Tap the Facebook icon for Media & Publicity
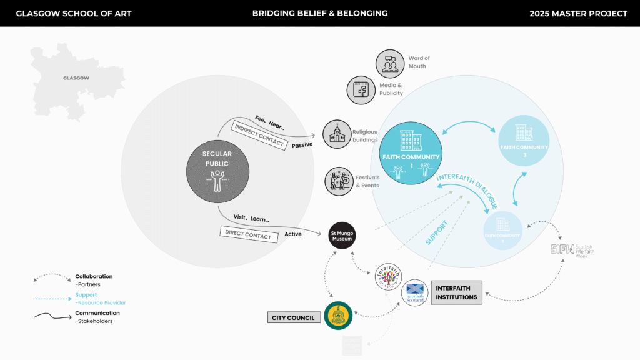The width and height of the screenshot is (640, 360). (361, 89)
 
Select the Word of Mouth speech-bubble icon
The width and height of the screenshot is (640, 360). (390, 63)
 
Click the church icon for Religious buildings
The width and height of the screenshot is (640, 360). (337, 134)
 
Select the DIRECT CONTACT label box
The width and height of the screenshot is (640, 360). (249, 234)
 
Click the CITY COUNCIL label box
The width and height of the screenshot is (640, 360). (293, 317)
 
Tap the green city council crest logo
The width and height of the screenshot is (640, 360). (338, 315)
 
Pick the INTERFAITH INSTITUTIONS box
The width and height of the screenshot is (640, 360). (457, 292)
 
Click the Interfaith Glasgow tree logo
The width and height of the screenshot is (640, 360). (389, 276)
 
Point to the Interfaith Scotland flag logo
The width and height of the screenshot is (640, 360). (414, 292)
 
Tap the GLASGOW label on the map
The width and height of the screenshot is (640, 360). (76, 78)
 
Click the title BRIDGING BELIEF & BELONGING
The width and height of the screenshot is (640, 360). (319, 13)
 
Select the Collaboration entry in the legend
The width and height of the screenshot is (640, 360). (94, 276)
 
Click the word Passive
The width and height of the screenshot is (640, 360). (302, 144)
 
